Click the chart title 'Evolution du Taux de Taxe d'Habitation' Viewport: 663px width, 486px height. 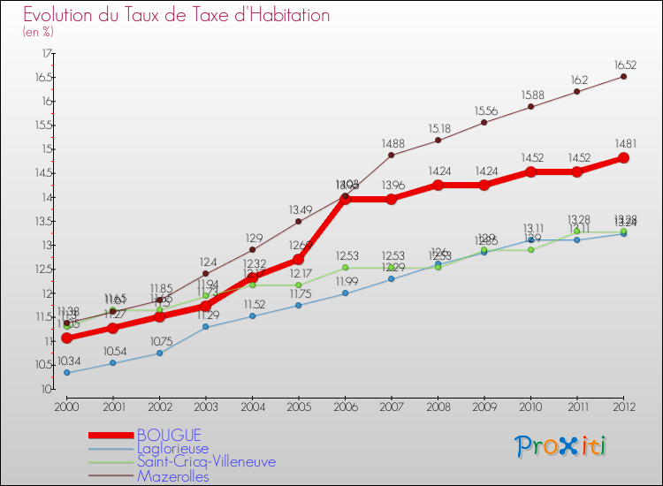[x=177, y=15]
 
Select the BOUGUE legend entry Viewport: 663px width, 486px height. [x=168, y=435]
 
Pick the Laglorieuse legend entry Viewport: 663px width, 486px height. [x=172, y=448]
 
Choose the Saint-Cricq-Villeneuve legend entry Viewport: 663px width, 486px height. [x=206, y=461]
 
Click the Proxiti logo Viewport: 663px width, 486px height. [x=561, y=445]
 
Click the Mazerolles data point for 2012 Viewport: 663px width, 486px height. [x=623, y=77]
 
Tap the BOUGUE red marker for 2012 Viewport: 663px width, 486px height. [x=623, y=158]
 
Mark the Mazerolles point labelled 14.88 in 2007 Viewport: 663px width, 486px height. [x=392, y=155]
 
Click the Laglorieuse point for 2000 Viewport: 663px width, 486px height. [x=66, y=373]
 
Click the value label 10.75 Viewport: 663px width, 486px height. [x=161, y=341]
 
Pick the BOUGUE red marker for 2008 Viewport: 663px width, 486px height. [x=438, y=186]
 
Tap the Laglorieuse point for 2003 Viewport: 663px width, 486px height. [x=206, y=327]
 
